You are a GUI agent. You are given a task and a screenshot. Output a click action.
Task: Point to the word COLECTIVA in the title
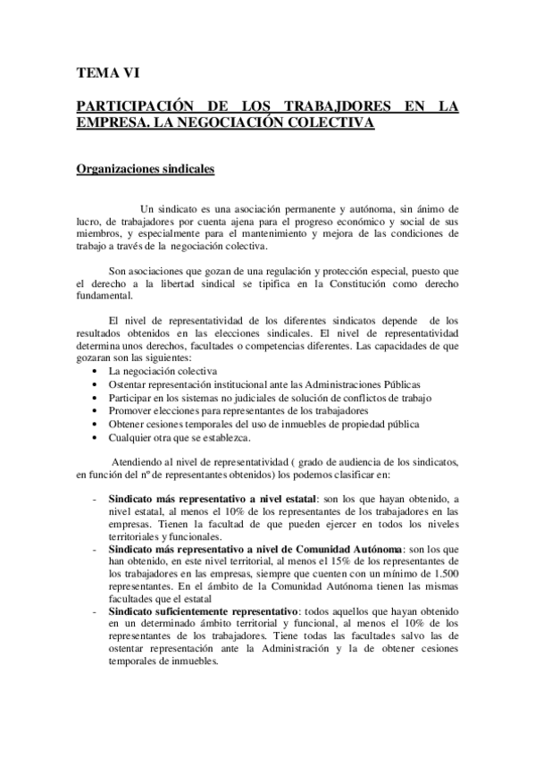326,122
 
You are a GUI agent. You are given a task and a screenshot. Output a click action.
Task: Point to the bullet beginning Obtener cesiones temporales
263,424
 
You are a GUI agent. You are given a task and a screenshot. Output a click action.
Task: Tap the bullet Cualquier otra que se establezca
180,437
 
